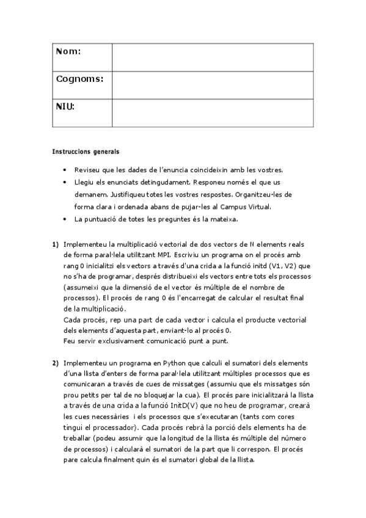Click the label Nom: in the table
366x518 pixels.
click(x=68, y=52)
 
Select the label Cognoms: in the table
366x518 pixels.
click(x=79, y=79)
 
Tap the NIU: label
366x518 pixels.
click(x=65, y=107)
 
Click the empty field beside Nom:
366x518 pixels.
click(x=212, y=57)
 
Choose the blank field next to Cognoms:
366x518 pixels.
click(x=212, y=85)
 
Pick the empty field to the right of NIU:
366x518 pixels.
click(x=212, y=113)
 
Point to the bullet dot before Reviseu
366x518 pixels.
click(x=65, y=170)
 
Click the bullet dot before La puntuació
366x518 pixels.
click(x=65, y=219)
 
